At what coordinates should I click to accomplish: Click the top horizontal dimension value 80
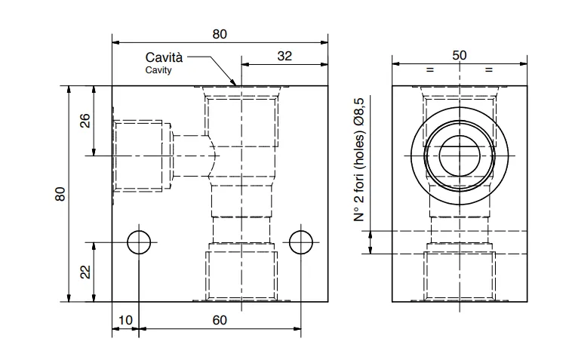click(x=220, y=34)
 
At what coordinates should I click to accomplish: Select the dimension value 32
click(x=284, y=56)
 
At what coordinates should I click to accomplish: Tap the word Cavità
click(x=164, y=57)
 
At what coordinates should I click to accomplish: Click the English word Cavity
click(x=158, y=69)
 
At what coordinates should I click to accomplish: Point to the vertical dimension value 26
click(x=85, y=120)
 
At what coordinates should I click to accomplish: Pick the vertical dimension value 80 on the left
click(x=60, y=194)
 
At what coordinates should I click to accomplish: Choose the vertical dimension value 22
click(x=85, y=272)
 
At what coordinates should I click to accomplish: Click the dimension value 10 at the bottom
click(x=125, y=320)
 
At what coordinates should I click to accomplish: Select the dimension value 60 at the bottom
click(x=220, y=320)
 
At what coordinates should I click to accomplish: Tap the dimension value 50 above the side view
click(x=460, y=55)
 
